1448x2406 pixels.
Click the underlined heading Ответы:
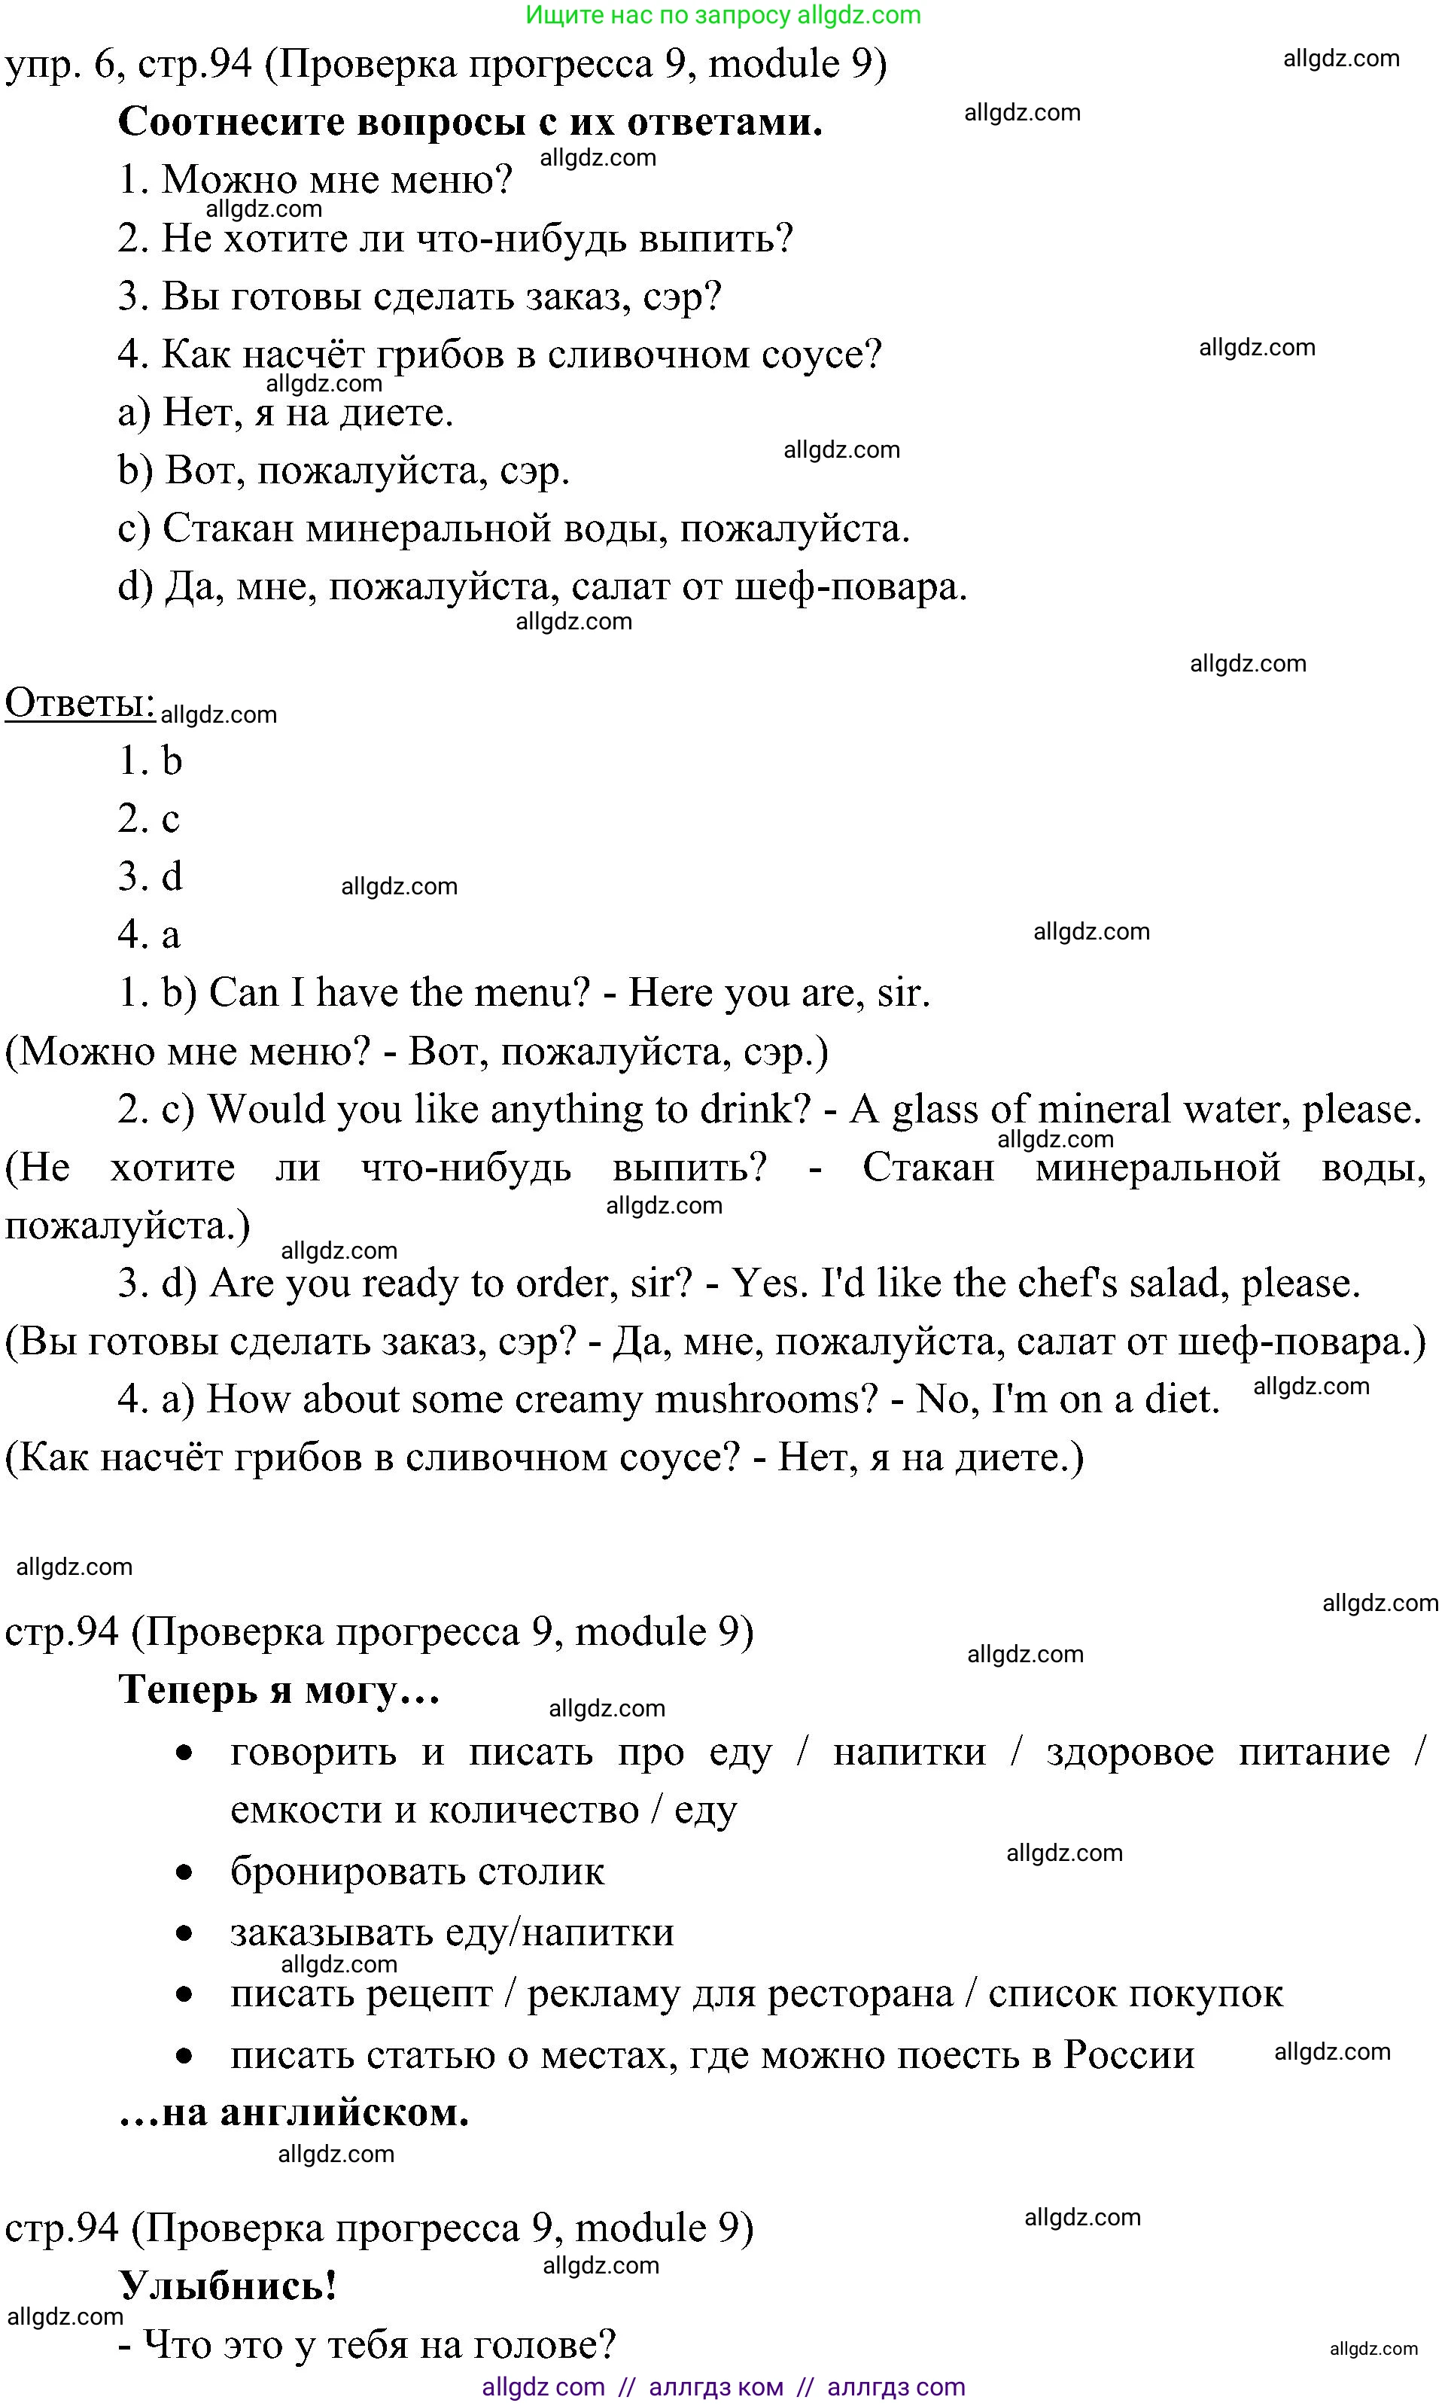point(80,703)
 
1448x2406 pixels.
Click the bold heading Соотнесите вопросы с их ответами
point(470,122)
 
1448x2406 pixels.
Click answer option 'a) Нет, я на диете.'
point(285,413)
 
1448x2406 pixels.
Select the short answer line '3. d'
point(151,876)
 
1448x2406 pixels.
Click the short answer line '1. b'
point(151,760)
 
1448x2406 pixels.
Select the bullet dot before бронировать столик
point(184,1872)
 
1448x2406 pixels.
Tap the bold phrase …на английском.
point(294,2112)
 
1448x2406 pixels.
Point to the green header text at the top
point(723,16)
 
